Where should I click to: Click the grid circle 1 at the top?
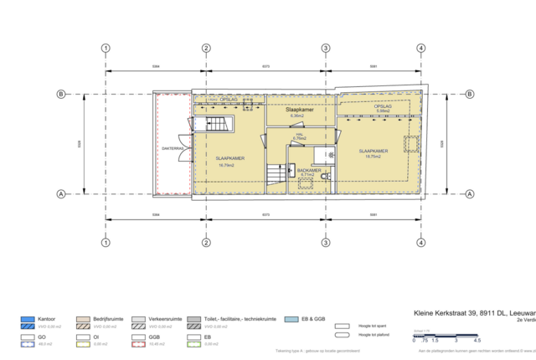[106, 48]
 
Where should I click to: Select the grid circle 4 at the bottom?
[420, 244]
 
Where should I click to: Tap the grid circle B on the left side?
[60, 95]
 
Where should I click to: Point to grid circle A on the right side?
[470, 194]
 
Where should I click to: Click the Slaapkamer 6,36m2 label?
[299, 112]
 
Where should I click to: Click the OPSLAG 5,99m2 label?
[384, 109]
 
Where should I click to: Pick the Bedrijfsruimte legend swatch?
[83, 320]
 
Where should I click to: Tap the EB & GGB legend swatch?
[291, 320]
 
